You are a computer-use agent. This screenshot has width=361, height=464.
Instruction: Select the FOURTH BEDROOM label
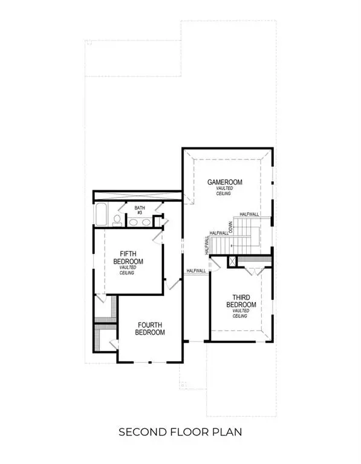point(149,328)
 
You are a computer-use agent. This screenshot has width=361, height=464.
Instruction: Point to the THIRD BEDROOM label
point(241,301)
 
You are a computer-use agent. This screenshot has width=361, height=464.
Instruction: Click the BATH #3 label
point(139,210)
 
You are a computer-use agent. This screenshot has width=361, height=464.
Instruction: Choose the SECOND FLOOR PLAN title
point(180,432)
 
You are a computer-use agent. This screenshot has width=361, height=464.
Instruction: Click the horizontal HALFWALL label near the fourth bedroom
point(197,271)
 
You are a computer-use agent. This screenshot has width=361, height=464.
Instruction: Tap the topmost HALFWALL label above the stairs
point(250,214)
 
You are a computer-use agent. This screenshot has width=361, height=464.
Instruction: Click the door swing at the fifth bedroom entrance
point(159,238)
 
